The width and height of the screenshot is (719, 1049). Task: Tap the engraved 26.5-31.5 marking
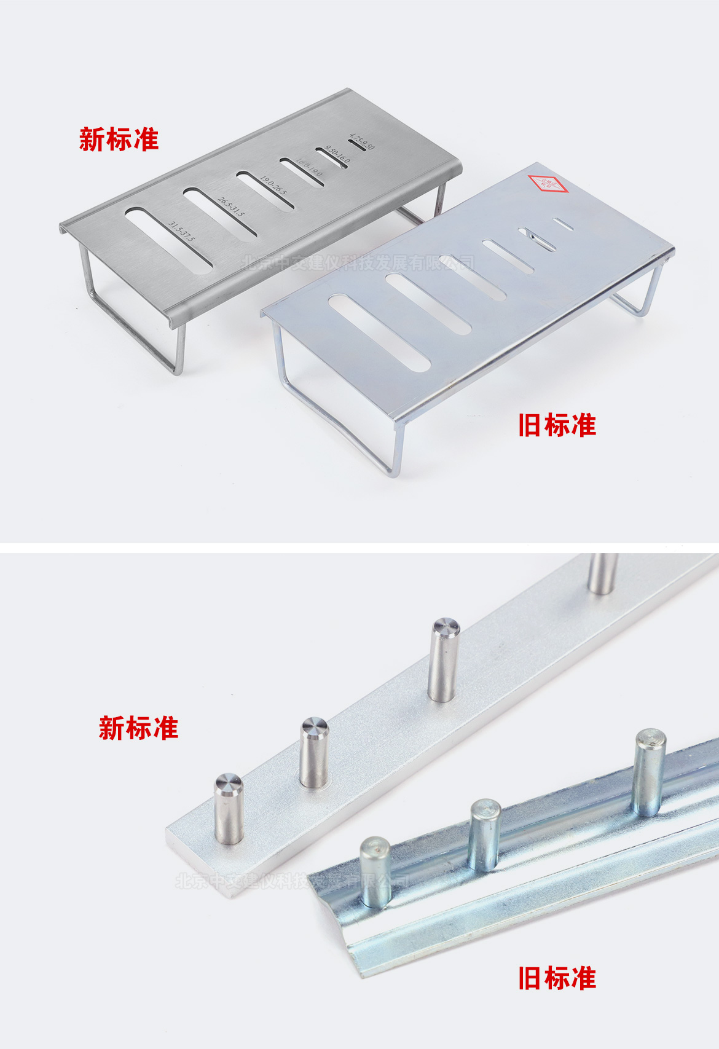[231, 206]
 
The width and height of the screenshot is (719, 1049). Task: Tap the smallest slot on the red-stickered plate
[563, 225]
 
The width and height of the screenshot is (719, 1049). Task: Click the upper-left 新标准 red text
[119, 139]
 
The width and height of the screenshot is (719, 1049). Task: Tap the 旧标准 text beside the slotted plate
[557, 425]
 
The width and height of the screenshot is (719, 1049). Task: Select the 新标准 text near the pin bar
[138, 728]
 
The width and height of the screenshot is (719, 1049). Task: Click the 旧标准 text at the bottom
[557, 978]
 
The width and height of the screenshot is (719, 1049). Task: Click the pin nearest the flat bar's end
[229, 807]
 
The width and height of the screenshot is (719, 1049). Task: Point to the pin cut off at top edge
[602, 573]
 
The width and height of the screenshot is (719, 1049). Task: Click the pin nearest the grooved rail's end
[375, 872]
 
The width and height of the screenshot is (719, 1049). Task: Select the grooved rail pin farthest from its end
[649, 771]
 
